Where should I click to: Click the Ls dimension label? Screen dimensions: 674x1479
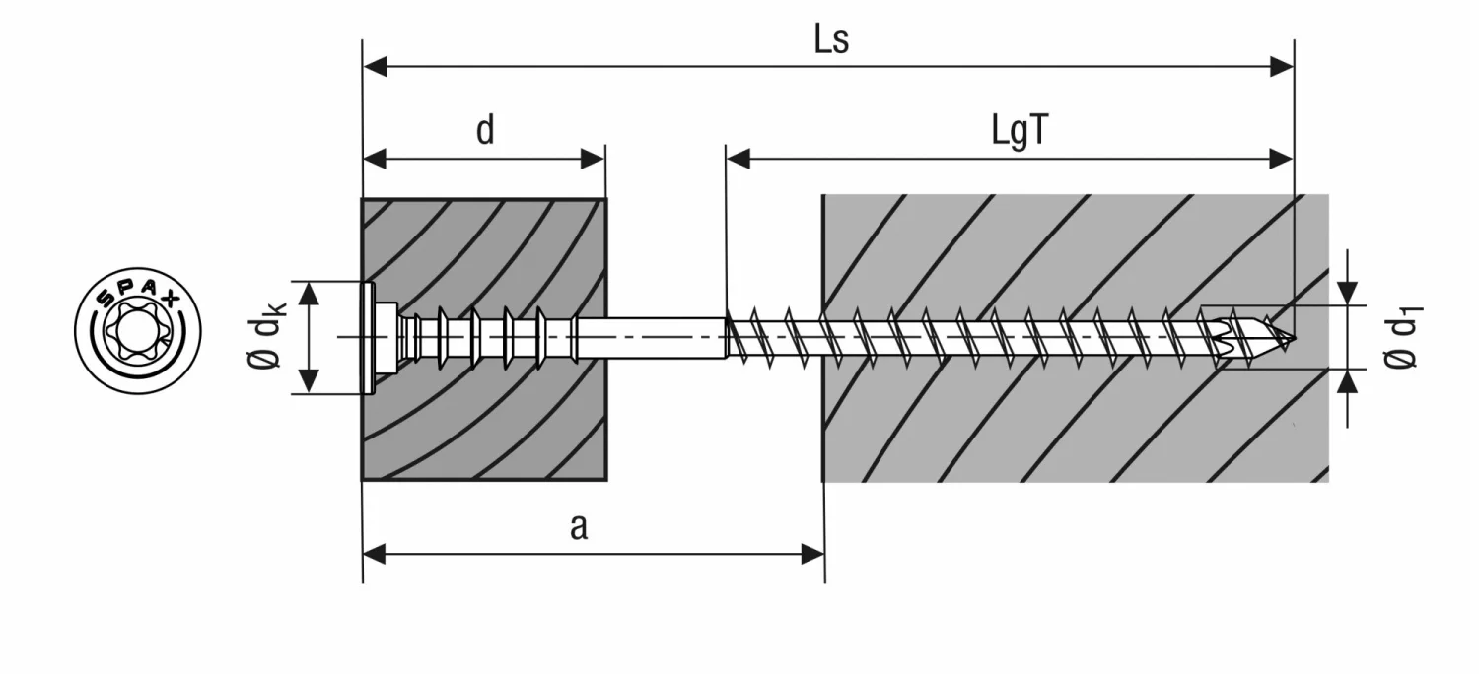[830, 40]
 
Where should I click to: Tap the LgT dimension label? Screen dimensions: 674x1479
[1019, 133]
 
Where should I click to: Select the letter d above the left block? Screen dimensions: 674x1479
[484, 131]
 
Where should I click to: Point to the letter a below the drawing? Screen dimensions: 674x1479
[579, 527]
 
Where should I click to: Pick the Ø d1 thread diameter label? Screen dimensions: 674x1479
[1401, 338]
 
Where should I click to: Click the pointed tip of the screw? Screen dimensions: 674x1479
[1290, 338]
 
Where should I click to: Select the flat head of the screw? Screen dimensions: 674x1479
[370, 338]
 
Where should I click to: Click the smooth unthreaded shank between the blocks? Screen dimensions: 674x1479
[651, 338]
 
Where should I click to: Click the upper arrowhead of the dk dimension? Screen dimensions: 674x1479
[310, 294]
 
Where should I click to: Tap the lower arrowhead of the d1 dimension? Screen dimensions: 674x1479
[1348, 382]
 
